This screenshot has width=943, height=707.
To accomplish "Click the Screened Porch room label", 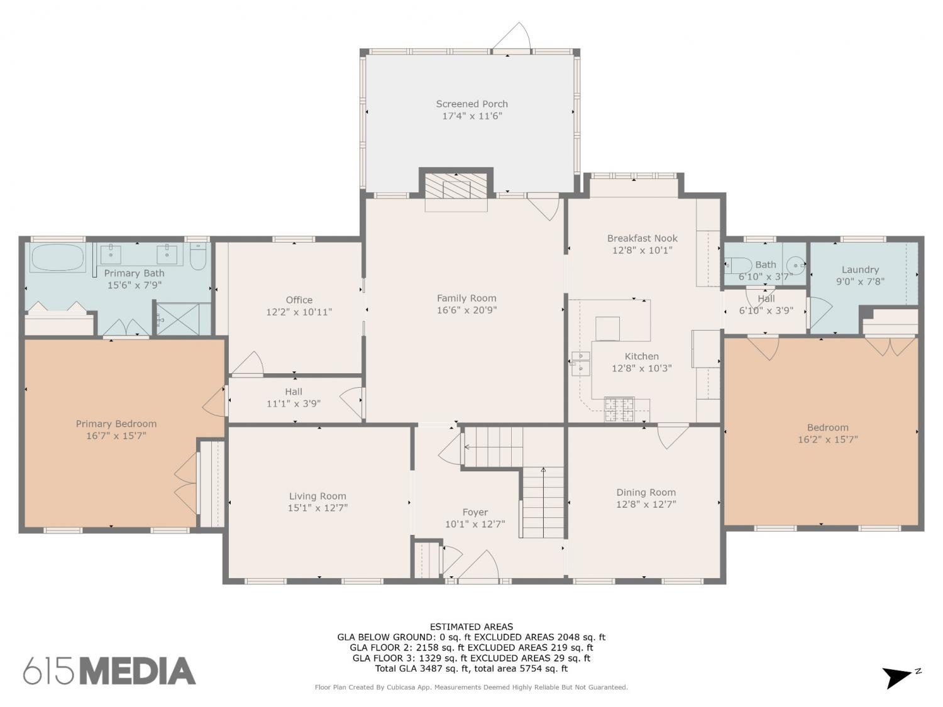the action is [472, 104].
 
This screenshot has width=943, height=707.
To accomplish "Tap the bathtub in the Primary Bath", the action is [58, 258].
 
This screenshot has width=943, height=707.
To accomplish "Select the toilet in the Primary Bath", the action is [198, 256].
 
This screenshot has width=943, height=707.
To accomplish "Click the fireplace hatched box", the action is [456, 185].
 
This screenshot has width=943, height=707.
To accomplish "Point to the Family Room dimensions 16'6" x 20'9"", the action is [466, 310].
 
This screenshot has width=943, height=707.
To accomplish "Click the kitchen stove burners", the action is [619, 410].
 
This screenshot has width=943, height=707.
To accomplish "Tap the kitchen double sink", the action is [580, 364].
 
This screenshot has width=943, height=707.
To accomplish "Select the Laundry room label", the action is [860, 270].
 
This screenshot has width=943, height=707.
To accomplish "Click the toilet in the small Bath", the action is [737, 266].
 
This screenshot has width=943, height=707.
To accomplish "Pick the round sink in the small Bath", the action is [797, 265].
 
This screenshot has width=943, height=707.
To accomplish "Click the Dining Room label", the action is [646, 492].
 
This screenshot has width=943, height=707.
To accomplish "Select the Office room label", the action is [299, 300].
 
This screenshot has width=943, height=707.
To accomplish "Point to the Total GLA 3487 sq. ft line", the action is [472, 669].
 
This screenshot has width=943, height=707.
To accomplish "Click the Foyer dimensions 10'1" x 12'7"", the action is [475, 524].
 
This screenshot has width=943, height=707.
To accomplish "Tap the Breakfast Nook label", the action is [642, 238].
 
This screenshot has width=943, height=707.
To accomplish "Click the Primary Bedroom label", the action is [116, 424].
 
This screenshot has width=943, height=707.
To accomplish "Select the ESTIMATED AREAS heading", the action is [472, 627].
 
